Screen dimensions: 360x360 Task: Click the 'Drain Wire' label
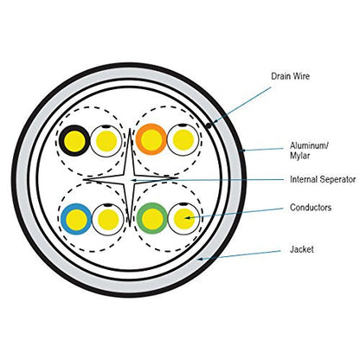[290, 76]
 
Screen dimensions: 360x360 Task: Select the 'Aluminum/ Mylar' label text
[309, 151]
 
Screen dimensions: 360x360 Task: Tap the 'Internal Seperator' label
[323, 179]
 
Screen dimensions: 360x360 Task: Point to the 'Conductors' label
[311, 208]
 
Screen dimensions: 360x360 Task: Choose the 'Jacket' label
[302, 249]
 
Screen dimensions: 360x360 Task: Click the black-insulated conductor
[74, 140]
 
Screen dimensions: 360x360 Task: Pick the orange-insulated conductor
[151, 139]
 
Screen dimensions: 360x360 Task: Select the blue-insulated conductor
[76, 219]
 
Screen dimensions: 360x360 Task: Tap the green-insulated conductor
[152, 218]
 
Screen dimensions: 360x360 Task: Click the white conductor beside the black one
[106, 141]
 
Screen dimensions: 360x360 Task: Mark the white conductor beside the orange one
[183, 139]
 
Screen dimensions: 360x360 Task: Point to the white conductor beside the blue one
[108, 219]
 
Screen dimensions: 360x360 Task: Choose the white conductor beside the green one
[184, 218]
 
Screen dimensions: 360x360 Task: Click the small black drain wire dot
[209, 125]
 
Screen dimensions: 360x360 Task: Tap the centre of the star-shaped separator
[130, 179]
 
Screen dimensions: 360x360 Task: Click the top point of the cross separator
[130, 129]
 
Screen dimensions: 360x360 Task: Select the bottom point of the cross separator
[130, 227]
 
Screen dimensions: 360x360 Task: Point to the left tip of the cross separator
[84, 180]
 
